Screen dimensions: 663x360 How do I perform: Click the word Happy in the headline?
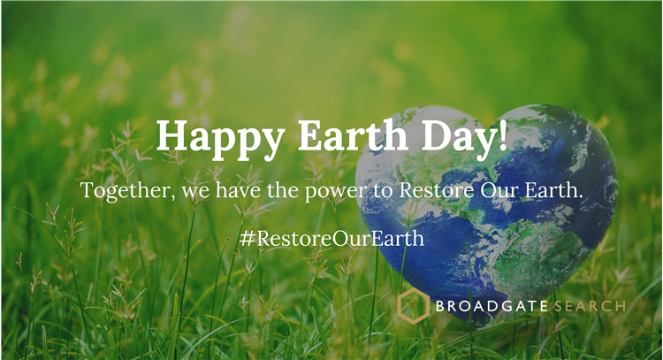[x=221, y=139]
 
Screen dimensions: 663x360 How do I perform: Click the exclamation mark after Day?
[x=502, y=135]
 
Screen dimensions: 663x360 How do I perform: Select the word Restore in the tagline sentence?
[x=437, y=190]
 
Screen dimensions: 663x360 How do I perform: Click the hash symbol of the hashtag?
[x=247, y=238]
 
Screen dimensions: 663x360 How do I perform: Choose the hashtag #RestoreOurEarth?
[x=331, y=238]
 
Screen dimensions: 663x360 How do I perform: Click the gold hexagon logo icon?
[x=413, y=305]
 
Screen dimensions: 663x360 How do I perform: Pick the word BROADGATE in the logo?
[x=492, y=306]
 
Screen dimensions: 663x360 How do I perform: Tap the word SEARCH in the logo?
[x=590, y=306]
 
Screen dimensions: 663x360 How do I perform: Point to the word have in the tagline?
[x=238, y=190]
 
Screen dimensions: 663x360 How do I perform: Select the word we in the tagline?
[x=195, y=193]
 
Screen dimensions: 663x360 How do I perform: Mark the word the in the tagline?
[x=283, y=190]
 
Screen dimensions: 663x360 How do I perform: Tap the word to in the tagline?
[x=383, y=191]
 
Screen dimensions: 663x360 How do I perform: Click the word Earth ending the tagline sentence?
[x=551, y=190]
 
